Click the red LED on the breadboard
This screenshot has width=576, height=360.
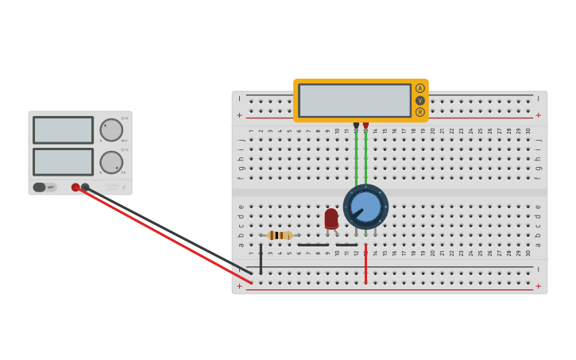tap(331, 218)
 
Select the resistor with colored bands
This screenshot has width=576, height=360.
tap(280, 235)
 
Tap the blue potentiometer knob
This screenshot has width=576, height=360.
tap(365, 207)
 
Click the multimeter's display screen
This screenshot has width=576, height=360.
tap(354, 100)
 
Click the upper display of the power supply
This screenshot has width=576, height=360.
tap(63, 130)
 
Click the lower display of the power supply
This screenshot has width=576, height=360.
tap(63, 162)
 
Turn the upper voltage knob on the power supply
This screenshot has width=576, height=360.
tap(111, 130)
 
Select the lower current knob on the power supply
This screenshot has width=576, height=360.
tap(111, 162)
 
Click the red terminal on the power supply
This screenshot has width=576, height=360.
tap(75, 188)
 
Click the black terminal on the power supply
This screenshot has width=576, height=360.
tap(85, 188)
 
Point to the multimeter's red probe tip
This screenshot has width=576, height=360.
tap(365, 125)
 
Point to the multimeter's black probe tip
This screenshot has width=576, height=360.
tap(356, 125)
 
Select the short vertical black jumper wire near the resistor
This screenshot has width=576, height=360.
tap(261, 259)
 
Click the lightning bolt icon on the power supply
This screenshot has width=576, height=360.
tap(123, 188)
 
